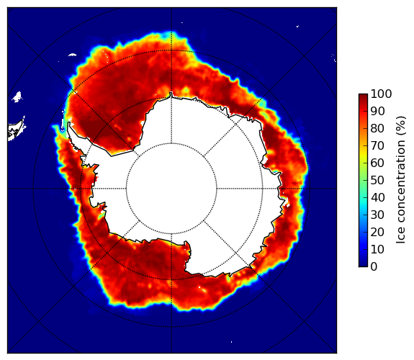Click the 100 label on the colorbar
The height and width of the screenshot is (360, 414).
[x=381, y=94]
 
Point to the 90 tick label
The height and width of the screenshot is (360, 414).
[x=377, y=111]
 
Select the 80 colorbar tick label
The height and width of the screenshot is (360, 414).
[x=377, y=128]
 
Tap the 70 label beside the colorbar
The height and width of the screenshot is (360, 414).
[x=377, y=145]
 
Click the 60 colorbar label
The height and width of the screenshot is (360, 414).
[x=377, y=163]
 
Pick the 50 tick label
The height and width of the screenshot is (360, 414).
[x=377, y=181]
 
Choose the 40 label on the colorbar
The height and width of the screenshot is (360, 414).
[x=377, y=197]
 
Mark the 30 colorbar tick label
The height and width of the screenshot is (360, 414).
[x=377, y=215]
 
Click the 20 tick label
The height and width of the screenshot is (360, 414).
[x=377, y=232]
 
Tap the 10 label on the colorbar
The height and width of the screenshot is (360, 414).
[x=377, y=249]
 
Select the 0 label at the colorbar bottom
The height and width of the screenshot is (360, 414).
[x=374, y=267]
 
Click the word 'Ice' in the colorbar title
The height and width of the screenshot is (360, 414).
[x=400, y=238]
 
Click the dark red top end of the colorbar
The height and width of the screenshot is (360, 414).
[x=363, y=96]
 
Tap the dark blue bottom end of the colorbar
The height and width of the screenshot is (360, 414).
[x=363, y=265]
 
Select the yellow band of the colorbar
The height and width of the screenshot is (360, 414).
[x=363, y=158]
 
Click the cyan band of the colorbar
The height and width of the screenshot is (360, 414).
[x=363, y=199]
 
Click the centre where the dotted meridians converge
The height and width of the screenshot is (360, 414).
[x=171, y=189]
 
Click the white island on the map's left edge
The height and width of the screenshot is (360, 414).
[x=16, y=130]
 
